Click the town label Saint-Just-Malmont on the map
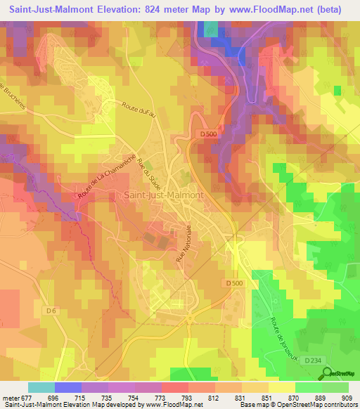point(163,195)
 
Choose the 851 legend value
point(255,398)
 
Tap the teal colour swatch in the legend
point(41,387)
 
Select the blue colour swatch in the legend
point(68,387)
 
